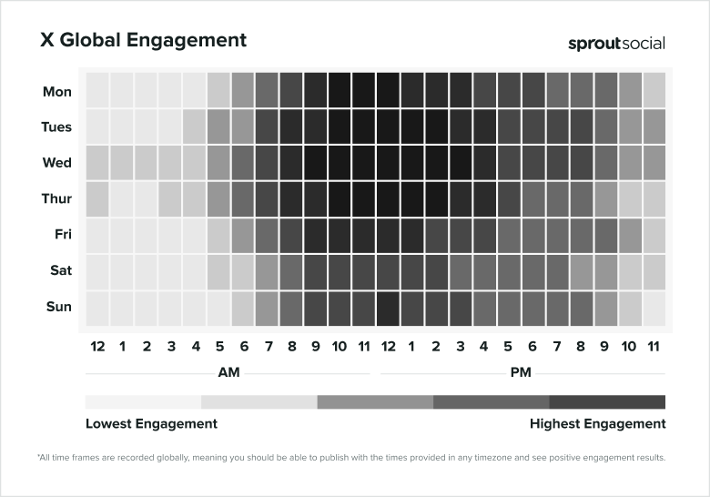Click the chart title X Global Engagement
coord(143,40)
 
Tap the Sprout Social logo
coord(616,44)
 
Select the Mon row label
coord(57,91)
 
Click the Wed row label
coord(57,163)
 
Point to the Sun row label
coord(59,307)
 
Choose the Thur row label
coord(56,199)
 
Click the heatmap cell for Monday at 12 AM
coord(97,91)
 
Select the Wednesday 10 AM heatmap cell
coord(340,163)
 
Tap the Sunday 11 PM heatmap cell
coord(654,307)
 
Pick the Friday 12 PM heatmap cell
coord(388,235)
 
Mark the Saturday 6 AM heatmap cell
coord(243,270)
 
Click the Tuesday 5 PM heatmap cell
coord(509,127)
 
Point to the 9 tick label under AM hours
coord(316,346)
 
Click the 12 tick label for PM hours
coord(388,346)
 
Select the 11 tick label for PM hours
coord(654,346)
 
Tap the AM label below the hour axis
coord(229,372)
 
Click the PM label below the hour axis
coord(522,372)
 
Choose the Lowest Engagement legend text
coord(151,423)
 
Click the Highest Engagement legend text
coord(597,423)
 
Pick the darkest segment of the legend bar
coord(607,401)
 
